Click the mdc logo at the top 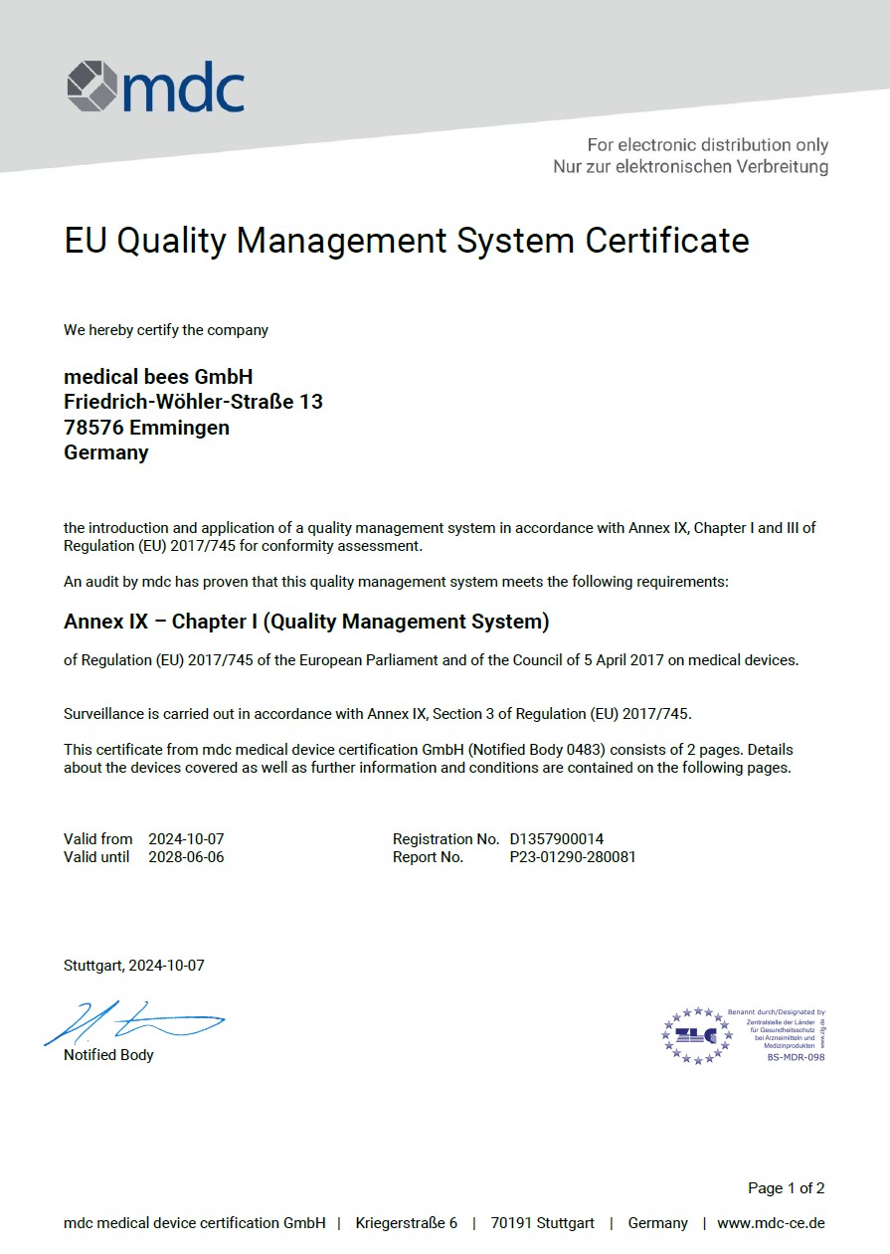click(x=155, y=87)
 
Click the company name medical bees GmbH click(x=158, y=377)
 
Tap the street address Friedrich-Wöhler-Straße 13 click(x=193, y=402)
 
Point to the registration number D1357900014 click(x=556, y=839)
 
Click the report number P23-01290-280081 click(x=572, y=857)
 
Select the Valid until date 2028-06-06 click(x=186, y=857)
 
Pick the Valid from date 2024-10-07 click(x=186, y=839)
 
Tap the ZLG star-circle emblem click(x=697, y=1035)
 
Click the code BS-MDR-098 click(x=796, y=1057)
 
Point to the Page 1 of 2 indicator click(x=786, y=1188)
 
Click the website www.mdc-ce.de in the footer click(x=771, y=1223)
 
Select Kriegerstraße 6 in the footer click(x=407, y=1223)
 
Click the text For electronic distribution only click(x=707, y=145)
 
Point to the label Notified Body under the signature click(x=108, y=1055)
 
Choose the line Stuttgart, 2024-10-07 click(x=134, y=966)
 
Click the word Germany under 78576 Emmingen click(x=106, y=453)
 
